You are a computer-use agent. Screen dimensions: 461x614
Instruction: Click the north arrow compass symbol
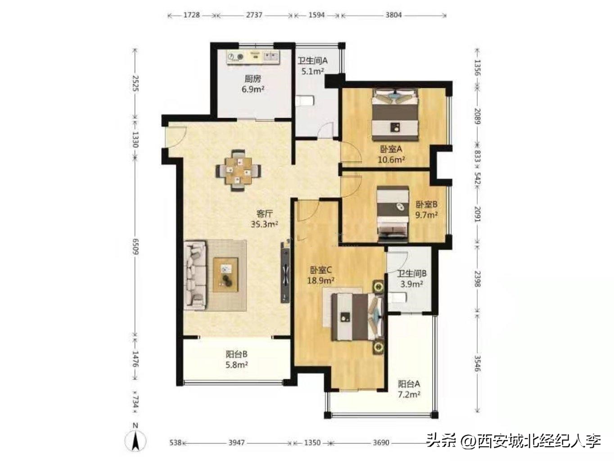pyautogui.click(x=135, y=438)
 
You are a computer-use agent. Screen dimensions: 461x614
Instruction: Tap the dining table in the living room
pyautogui.click(x=239, y=171)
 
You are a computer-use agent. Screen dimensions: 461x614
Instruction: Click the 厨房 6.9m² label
pyautogui.click(x=253, y=84)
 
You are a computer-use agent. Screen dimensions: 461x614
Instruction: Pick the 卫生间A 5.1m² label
pyautogui.click(x=312, y=66)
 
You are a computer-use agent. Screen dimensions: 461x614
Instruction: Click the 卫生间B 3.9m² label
pyautogui.click(x=411, y=279)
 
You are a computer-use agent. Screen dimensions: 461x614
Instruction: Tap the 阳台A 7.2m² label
pyautogui.click(x=409, y=389)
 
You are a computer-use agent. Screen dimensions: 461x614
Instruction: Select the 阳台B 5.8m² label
pyautogui.click(x=237, y=359)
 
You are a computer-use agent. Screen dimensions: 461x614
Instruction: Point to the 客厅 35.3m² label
pyautogui.click(x=264, y=218)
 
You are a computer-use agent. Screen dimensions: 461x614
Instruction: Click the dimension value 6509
pyautogui.click(x=135, y=245)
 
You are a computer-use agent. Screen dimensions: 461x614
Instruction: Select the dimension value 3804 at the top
pyautogui.click(x=393, y=15)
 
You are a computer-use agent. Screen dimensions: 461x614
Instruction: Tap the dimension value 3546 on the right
pyautogui.click(x=477, y=363)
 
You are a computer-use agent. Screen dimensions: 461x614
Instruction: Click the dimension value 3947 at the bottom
pyautogui.click(x=236, y=443)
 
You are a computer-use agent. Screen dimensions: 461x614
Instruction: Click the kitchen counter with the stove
pyautogui.click(x=253, y=57)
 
